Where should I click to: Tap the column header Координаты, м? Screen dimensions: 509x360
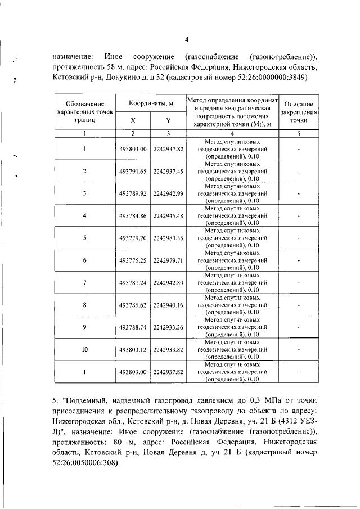click(x=151, y=103)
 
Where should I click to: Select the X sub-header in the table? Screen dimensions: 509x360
click(x=133, y=120)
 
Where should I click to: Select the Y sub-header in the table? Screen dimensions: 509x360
click(x=168, y=120)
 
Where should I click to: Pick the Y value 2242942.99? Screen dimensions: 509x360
click(x=168, y=193)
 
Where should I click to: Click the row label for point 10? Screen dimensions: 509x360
click(x=84, y=349)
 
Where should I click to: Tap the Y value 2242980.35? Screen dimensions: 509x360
click(x=168, y=238)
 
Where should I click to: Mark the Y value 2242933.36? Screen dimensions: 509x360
click(x=168, y=327)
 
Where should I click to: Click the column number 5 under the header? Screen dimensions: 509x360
click(x=299, y=134)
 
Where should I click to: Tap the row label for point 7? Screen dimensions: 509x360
click(x=84, y=282)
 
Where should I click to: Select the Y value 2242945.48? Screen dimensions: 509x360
click(x=168, y=215)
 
